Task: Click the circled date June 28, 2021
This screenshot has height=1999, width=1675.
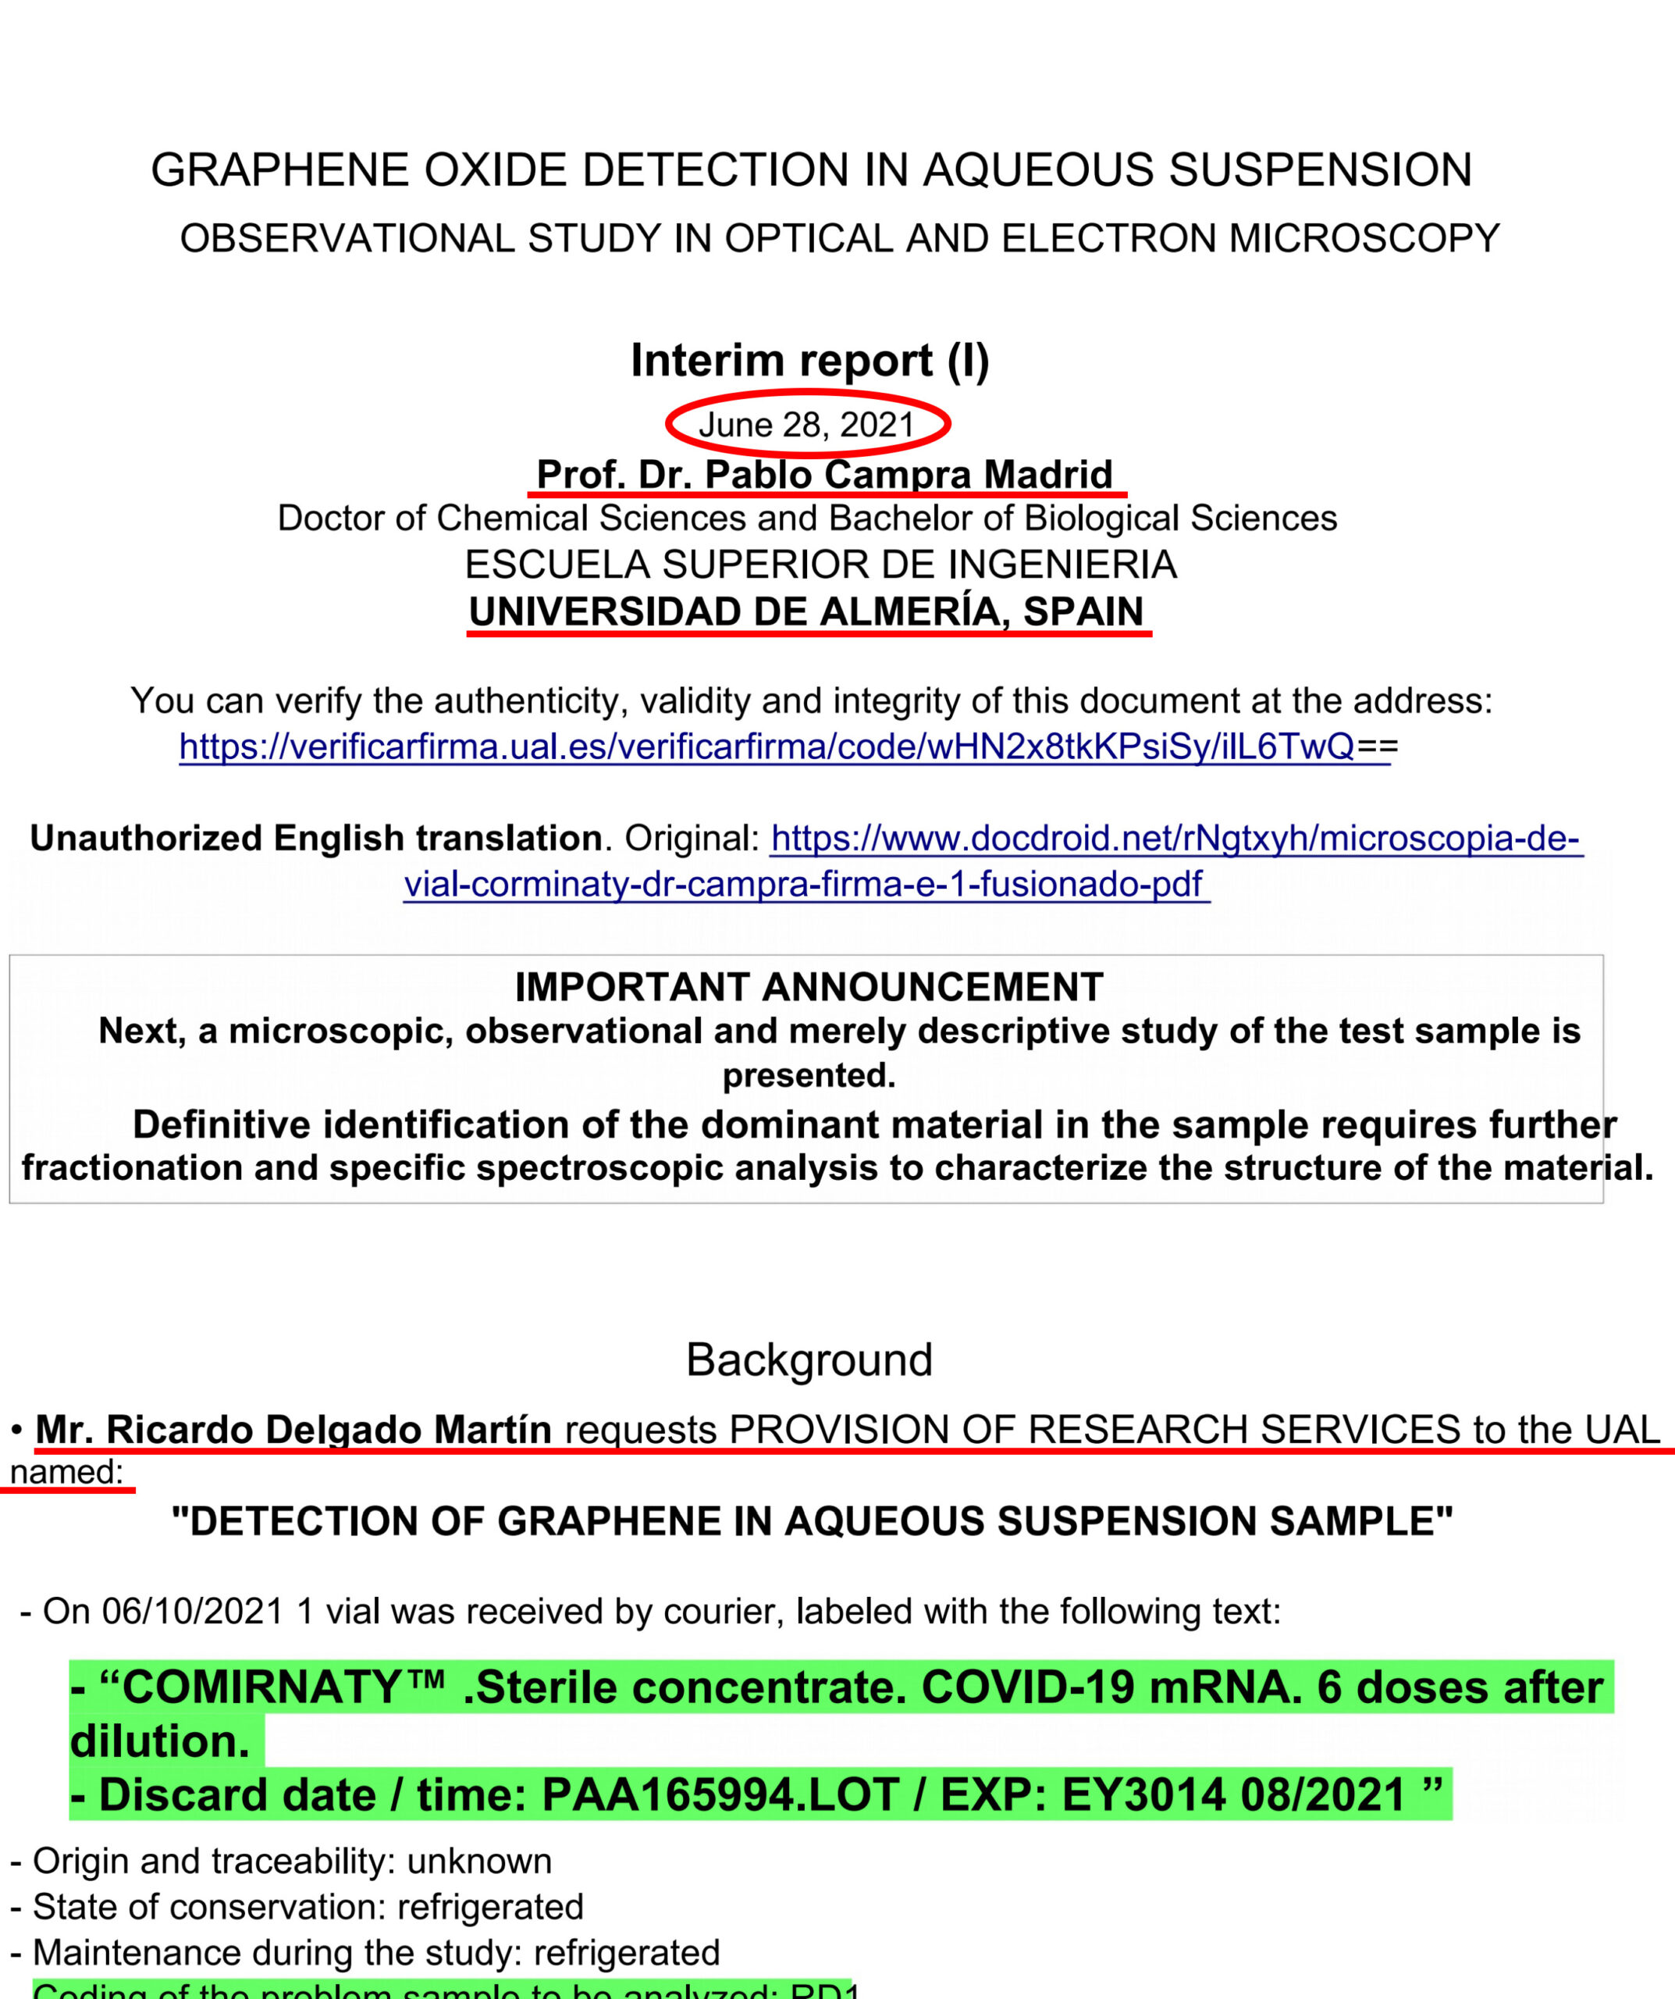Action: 806,425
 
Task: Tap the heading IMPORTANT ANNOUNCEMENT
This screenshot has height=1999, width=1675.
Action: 809,987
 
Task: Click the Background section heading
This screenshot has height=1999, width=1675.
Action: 809,1360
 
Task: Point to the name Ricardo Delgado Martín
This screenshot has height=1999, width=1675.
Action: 293,1430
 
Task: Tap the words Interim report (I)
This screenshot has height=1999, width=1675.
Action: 810,361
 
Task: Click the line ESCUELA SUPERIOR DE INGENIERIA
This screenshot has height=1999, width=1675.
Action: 820,565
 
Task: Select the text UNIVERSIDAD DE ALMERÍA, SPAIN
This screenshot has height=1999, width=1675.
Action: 806,611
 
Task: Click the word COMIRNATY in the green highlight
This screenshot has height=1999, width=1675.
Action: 261,1687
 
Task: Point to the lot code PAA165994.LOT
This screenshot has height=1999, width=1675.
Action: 720,1795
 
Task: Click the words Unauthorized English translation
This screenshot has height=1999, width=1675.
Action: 316,839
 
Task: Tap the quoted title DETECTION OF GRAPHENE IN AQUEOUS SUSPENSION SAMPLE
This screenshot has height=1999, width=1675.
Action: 812,1521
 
